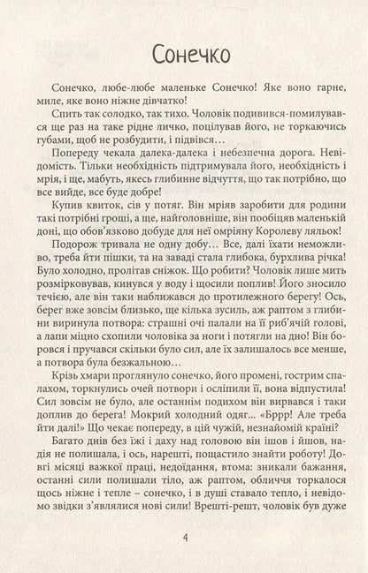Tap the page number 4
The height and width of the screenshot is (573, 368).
click(184, 538)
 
